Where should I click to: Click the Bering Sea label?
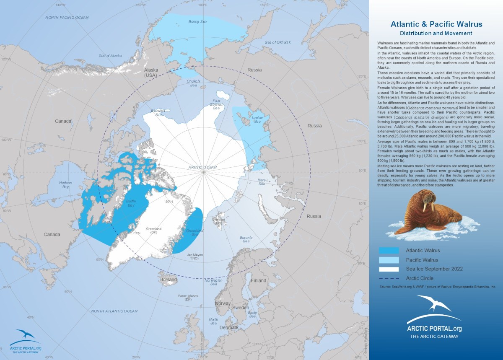point(197,21)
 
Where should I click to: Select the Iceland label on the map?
point(169,280)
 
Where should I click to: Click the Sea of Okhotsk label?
point(277,42)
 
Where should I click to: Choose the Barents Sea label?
point(246,240)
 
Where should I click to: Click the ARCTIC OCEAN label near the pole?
point(203,167)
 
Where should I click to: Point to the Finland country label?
point(259,280)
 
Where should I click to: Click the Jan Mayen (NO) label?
point(195,256)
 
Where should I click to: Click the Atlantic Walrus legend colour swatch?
point(389,251)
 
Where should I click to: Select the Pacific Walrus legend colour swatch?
point(389,260)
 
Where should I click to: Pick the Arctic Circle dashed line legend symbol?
point(389,278)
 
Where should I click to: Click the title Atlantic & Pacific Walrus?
point(436,25)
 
